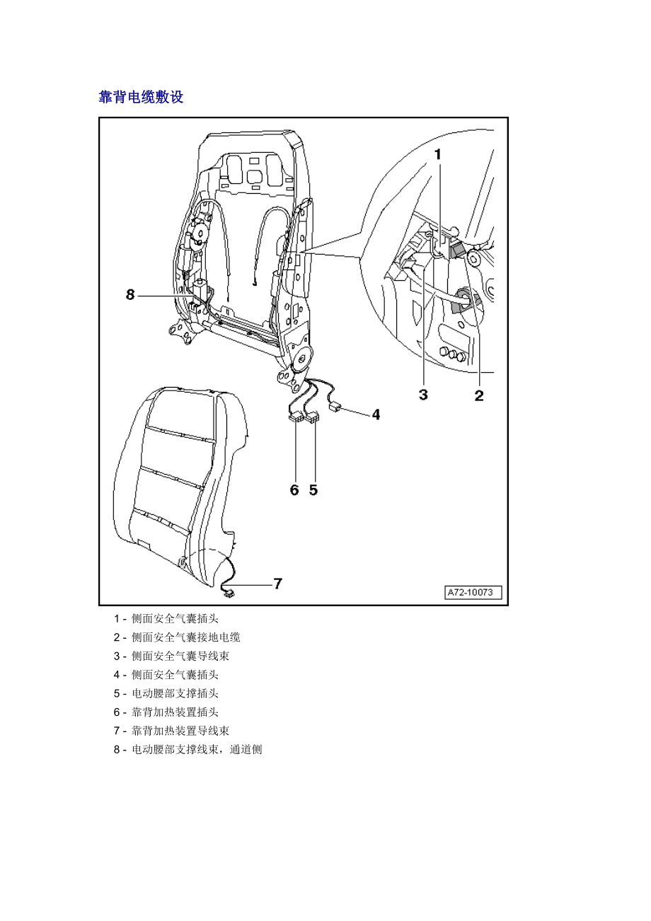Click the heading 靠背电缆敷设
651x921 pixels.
[141, 98]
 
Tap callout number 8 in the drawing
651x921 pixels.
[130, 295]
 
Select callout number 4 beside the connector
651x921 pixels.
[376, 415]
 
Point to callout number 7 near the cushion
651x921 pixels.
[277, 584]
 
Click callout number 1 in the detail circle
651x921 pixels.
[438, 153]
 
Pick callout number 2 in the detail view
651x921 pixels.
[479, 395]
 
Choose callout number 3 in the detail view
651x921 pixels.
[423, 395]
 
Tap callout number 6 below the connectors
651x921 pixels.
[294, 490]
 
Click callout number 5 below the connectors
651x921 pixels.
[313, 490]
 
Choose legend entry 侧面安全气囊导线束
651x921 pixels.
[180, 656]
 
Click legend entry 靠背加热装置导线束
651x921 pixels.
[180, 731]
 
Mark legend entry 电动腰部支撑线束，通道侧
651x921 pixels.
[197, 749]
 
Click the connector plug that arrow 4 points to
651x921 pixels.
[336, 407]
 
